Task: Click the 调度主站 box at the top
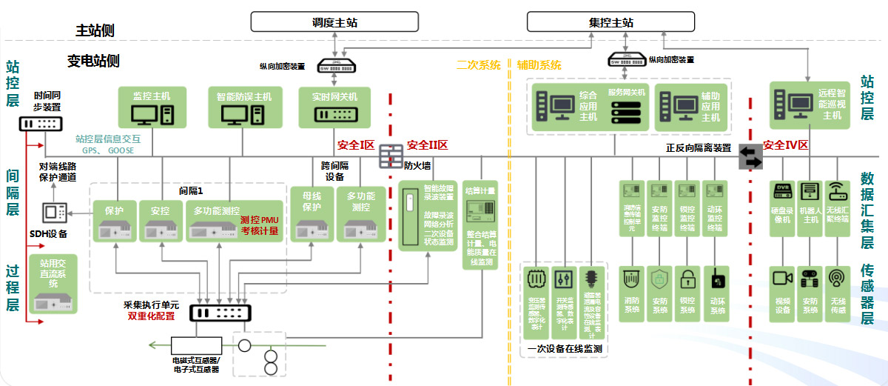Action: [x=335, y=22]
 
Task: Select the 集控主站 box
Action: [x=610, y=22]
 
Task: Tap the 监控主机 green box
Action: [x=152, y=107]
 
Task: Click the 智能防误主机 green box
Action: [x=244, y=107]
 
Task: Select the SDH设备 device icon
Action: [x=55, y=212]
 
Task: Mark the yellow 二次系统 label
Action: [x=479, y=64]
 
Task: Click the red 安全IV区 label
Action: [x=787, y=145]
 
